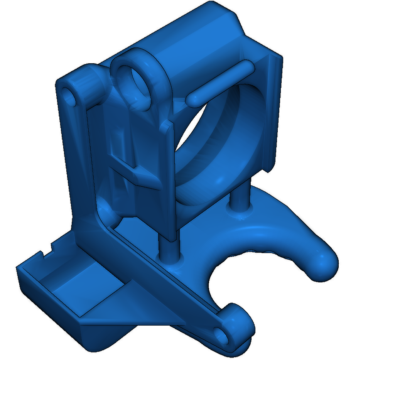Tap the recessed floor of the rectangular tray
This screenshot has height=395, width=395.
[77, 285]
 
